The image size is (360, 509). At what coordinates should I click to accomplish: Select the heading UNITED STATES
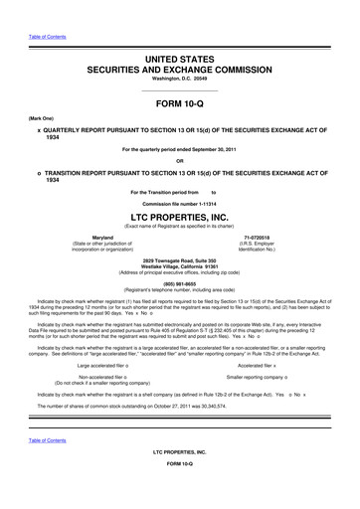click(180, 62)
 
